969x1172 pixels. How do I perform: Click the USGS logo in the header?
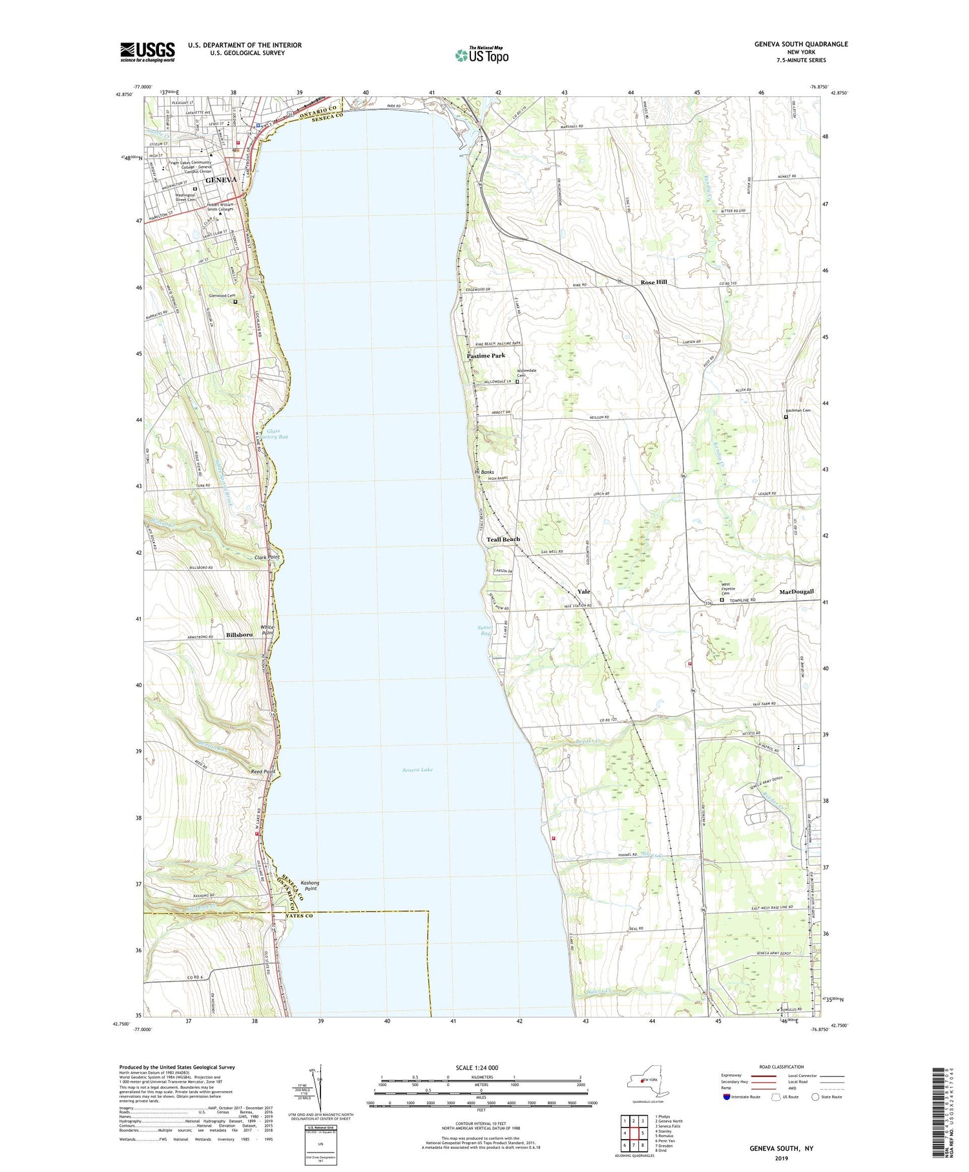pyautogui.click(x=147, y=52)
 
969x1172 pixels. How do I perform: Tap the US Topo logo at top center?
pyautogui.click(x=482, y=55)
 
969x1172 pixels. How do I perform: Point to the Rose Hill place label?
pyautogui.click(x=653, y=282)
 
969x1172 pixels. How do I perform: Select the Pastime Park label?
pyautogui.click(x=486, y=356)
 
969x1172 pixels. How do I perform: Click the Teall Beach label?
pyautogui.click(x=503, y=539)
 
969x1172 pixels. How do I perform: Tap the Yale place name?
pyautogui.click(x=584, y=591)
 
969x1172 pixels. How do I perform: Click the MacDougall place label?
pyautogui.click(x=796, y=591)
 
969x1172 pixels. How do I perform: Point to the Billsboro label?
pyautogui.click(x=239, y=635)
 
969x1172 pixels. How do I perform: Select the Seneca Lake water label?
pyautogui.click(x=417, y=770)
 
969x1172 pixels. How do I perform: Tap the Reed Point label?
pyautogui.click(x=264, y=772)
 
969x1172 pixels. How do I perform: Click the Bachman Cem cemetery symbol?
pyautogui.click(x=786, y=417)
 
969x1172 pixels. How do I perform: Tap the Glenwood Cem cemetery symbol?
pyautogui.click(x=235, y=301)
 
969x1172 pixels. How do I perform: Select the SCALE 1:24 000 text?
pyautogui.click(x=481, y=1067)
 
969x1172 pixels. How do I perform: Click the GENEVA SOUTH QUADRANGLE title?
pyautogui.click(x=800, y=45)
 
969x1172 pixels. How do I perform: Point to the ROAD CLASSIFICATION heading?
pyautogui.click(x=782, y=1067)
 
